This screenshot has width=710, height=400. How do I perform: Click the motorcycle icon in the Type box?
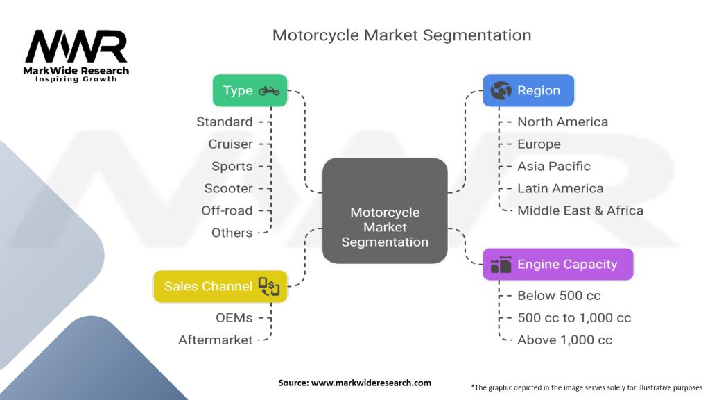tap(269, 91)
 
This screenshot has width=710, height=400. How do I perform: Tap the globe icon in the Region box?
tap(501, 91)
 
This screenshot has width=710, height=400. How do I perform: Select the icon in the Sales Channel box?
tap(269, 286)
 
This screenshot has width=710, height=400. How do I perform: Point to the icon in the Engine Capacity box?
tap(501, 265)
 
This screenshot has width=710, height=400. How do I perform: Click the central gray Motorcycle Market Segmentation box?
tap(385, 210)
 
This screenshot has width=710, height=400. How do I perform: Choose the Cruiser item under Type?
tap(230, 144)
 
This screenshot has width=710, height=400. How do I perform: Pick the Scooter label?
tap(228, 188)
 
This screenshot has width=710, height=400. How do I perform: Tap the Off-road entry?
tap(227, 210)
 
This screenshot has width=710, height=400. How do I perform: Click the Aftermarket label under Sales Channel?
tap(216, 340)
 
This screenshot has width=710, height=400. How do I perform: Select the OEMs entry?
tap(234, 317)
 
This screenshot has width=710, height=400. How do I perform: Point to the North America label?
tap(563, 122)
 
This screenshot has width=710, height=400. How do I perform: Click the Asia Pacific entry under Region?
tap(554, 166)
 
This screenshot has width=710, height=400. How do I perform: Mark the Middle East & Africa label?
tap(580, 210)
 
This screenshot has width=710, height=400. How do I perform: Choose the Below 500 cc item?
tap(560, 295)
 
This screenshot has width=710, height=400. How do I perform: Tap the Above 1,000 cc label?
tap(564, 340)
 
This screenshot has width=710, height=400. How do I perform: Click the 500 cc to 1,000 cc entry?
tap(574, 317)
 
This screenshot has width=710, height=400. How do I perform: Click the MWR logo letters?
tap(76, 46)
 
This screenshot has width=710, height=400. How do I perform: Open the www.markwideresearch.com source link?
tap(371, 383)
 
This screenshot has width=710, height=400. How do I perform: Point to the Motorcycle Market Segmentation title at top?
tap(401, 35)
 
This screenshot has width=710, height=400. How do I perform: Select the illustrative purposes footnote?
tap(587, 387)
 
